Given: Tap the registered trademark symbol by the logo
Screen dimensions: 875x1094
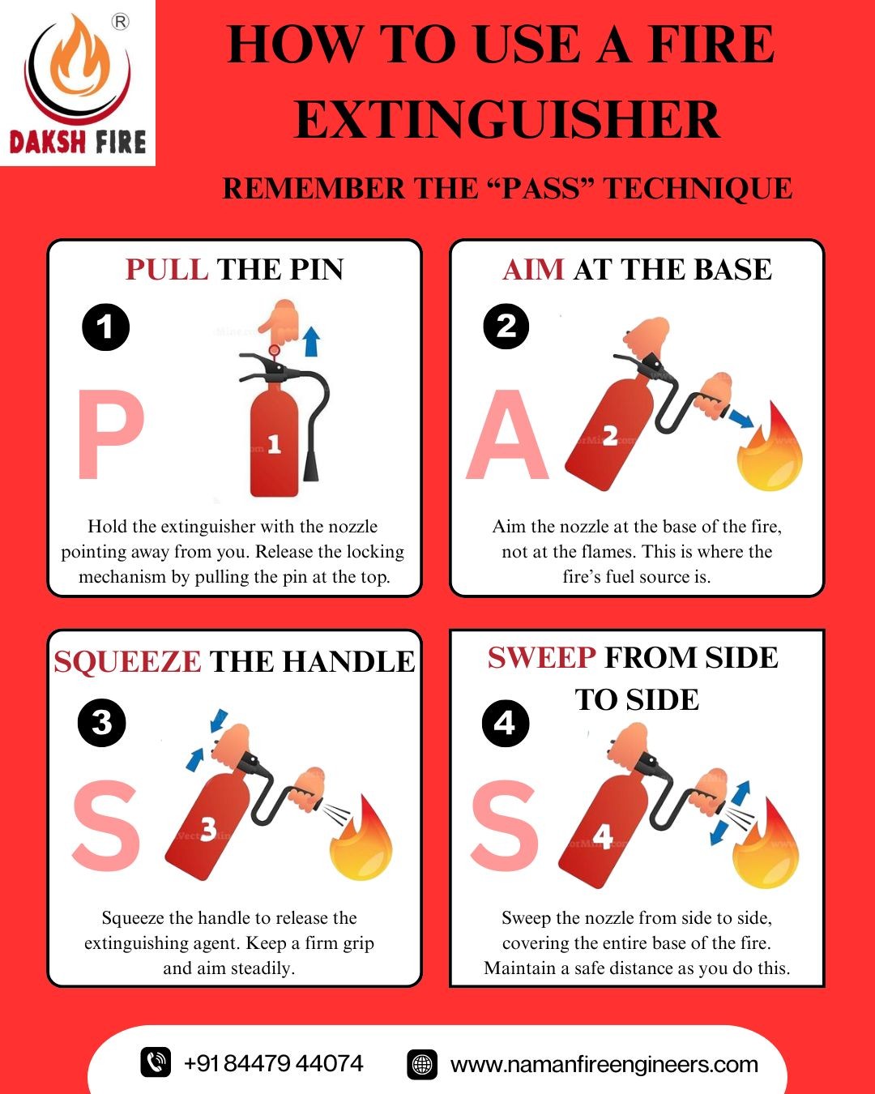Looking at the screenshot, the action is [x=121, y=23].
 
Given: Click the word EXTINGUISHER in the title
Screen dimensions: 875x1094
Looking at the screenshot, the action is [x=507, y=119].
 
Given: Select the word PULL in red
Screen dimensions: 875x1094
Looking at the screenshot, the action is [x=167, y=269].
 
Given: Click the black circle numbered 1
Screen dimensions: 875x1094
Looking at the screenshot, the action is [x=106, y=327].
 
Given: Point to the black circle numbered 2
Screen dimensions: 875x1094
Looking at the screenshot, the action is [x=506, y=326].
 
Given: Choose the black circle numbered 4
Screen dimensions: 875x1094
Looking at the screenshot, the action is [x=506, y=724].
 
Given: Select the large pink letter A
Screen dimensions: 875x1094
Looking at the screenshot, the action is [x=507, y=434].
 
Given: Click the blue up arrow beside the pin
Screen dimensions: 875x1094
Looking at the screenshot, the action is [x=311, y=341].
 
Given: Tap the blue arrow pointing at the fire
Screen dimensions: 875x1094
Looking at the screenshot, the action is [x=741, y=418].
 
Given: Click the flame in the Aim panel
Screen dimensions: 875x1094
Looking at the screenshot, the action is [x=769, y=447].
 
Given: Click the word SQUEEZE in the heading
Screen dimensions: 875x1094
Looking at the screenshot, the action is [x=128, y=661].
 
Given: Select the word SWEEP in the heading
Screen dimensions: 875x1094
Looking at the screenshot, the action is [x=541, y=657].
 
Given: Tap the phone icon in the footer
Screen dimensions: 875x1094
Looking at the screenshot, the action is [x=156, y=1062].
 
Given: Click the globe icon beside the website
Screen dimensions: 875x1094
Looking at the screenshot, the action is [x=422, y=1064].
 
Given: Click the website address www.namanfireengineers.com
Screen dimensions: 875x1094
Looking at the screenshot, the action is [x=604, y=1064].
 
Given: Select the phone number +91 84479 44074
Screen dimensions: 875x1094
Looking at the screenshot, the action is [x=274, y=1063].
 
